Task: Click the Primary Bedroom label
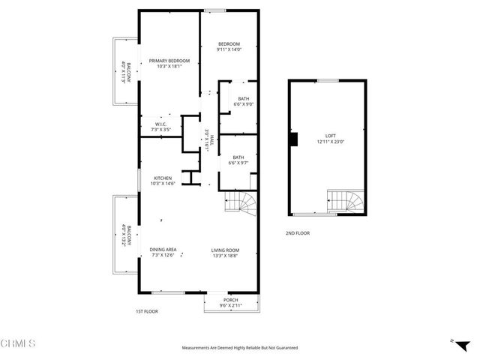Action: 169,61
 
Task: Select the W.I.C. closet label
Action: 160,124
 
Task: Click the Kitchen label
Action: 163,178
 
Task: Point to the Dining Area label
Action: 163,249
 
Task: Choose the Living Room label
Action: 224,249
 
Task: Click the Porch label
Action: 230,300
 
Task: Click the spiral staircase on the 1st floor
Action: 241,203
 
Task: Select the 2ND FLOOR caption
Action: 298,233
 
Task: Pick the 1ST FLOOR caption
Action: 146,311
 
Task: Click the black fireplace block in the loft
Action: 294,139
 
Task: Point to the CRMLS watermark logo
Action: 19,343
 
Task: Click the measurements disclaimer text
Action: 240,348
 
